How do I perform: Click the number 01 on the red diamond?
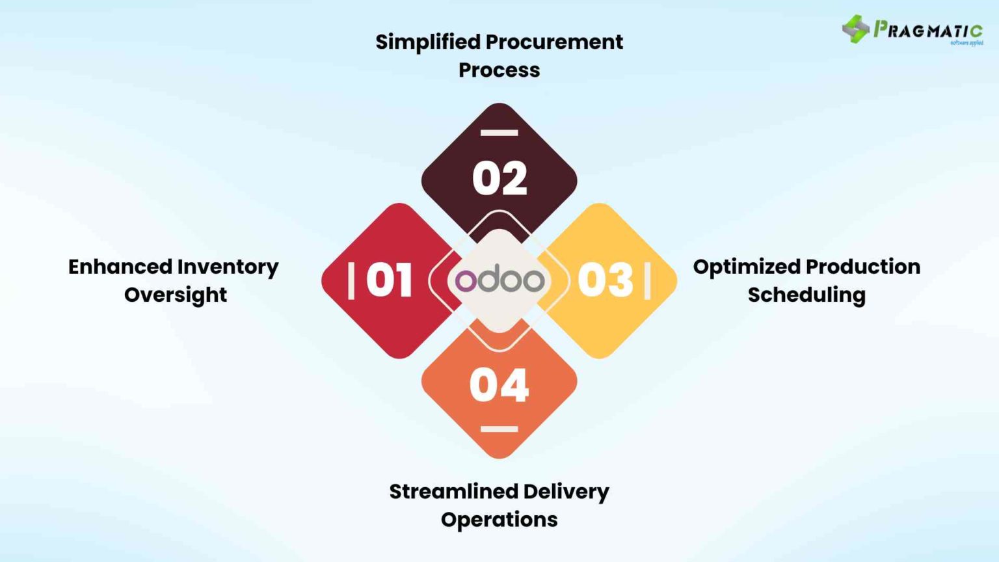pos(389,280)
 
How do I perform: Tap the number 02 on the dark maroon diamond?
pos(499,178)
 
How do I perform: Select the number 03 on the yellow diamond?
pos(605,280)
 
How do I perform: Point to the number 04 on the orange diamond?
pos(499,385)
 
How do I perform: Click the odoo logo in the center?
pos(499,280)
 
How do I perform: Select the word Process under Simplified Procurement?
pos(499,70)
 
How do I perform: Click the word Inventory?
pos(228,267)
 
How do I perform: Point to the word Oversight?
pos(176,295)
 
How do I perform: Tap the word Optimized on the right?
pos(747,267)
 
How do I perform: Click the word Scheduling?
pos(806,295)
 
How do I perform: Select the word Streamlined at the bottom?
pos(453,492)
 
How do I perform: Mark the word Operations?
pos(499,520)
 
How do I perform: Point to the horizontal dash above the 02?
pos(499,133)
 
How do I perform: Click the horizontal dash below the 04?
pos(499,429)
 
